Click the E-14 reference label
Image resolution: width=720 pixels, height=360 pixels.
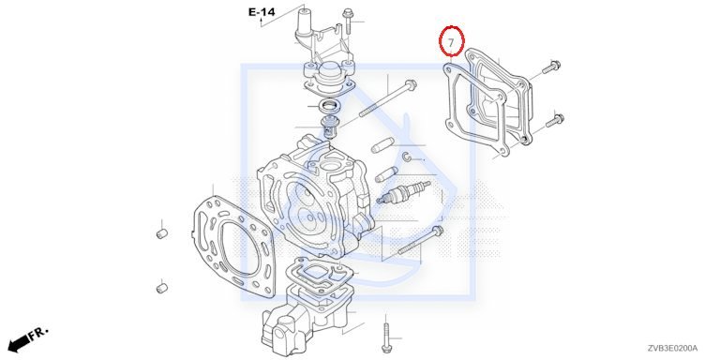click(262, 12)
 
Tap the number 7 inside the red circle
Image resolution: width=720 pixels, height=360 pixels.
click(451, 43)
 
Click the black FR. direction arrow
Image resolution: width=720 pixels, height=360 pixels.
click(19, 342)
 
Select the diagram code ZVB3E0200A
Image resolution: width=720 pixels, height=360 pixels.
click(673, 348)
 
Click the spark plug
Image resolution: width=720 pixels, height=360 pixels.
click(403, 192)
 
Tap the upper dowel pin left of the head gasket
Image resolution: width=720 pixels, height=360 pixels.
click(161, 233)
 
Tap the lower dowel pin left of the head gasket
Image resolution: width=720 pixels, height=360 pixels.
click(161, 289)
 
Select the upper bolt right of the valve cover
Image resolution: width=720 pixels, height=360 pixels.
click(551, 67)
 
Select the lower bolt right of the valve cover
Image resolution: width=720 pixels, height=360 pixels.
click(555, 121)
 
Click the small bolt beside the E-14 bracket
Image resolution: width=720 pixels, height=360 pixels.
click(348, 21)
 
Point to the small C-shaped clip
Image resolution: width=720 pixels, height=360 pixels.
click(406, 157)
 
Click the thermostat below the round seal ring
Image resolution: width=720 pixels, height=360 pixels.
click(327, 127)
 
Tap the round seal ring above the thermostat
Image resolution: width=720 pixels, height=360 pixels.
click(329, 105)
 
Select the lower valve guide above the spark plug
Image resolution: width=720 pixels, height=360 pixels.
click(385, 173)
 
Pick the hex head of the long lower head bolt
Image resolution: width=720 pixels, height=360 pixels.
click(438, 231)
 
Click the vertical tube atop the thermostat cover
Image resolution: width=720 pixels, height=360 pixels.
click(305, 21)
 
